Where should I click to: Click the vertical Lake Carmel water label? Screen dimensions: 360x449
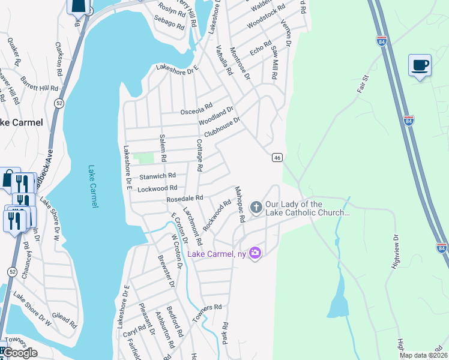[92, 187]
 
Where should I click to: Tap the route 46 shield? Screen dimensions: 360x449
[277, 157]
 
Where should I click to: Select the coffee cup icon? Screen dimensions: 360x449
[420, 65]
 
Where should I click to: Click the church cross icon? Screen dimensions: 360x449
[256, 208]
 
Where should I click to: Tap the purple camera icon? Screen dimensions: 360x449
[255, 253]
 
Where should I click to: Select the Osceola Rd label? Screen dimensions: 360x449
[196, 109]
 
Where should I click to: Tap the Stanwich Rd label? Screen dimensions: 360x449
[157, 176]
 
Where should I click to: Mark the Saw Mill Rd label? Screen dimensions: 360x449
[274, 65]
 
